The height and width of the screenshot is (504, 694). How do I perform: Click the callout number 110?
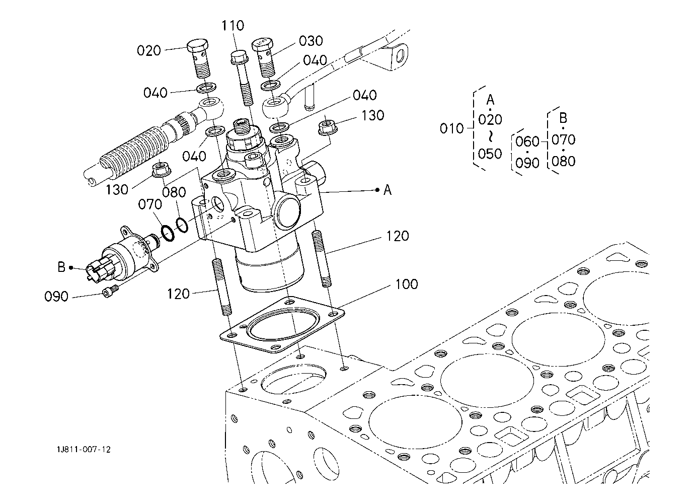[x=233, y=25]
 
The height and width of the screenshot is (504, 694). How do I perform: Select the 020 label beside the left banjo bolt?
[x=149, y=50]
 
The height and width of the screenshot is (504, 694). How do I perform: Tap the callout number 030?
[x=311, y=41]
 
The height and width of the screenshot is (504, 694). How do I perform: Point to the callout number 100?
[x=407, y=284]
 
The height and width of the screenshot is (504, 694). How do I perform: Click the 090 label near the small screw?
[x=56, y=297]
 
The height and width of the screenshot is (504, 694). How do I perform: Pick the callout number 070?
[x=150, y=204]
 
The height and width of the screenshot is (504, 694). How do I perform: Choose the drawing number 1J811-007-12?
[x=84, y=450]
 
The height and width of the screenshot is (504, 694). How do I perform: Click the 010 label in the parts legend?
[x=452, y=128]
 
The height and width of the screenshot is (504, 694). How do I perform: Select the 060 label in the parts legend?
[x=527, y=141]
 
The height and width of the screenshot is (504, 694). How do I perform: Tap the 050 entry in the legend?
[x=490, y=154]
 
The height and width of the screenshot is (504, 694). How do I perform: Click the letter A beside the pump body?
[x=388, y=190]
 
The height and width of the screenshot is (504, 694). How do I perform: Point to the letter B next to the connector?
[x=62, y=267]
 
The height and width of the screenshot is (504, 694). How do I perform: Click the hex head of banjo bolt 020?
[x=197, y=45]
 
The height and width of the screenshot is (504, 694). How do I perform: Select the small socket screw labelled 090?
[x=110, y=291]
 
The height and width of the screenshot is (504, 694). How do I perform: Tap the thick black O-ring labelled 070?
[x=168, y=233]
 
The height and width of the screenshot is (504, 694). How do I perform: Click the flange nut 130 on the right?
[x=328, y=128]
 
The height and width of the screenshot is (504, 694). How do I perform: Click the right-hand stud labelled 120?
[x=322, y=259]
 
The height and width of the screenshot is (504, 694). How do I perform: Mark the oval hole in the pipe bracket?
[x=400, y=57]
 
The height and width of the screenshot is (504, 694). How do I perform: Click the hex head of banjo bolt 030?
[x=262, y=45]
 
